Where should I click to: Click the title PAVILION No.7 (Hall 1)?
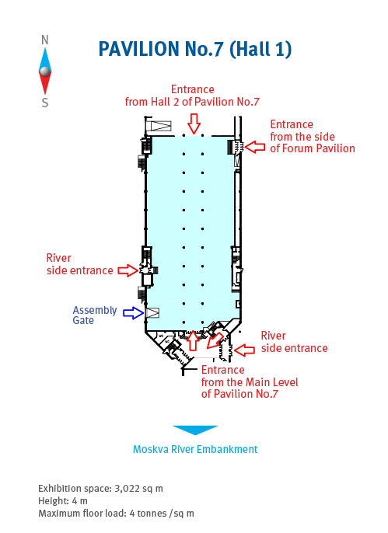pyautogui.click(x=195, y=49)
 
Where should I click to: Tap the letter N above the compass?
pyautogui.click(x=45, y=40)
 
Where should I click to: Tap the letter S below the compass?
pyautogui.click(x=45, y=103)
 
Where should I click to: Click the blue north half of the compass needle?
pyautogui.click(x=45, y=60)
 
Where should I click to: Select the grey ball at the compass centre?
pyautogui.click(x=45, y=71)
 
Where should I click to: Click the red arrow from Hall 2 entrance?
pyautogui.click(x=194, y=124)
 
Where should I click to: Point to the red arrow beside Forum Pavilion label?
pyautogui.click(x=255, y=147)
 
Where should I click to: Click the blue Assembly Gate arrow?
pyautogui.click(x=133, y=313)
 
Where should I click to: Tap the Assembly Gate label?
pyautogui.click(x=95, y=315)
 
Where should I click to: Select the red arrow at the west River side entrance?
pyautogui.click(x=128, y=270)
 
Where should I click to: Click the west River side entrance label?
pyautogui.click(x=79, y=264)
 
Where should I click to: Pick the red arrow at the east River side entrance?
pyautogui.click(x=244, y=350)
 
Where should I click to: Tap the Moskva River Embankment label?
pyautogui.click(x=195, y=449)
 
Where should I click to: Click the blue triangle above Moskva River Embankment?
pyautogui.click(x=195, y=430)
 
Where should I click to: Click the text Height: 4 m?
pyautogui.click(x=63, y=500)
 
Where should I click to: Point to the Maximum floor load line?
pyautogui.click(x=116, y=514)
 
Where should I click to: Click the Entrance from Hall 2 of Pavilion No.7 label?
pyautogui.click(x=193, y=96)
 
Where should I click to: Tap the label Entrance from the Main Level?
pyautogui.click(x=250, y=376)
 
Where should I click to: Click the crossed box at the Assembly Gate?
pyautogui.click(x=152, y=312)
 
